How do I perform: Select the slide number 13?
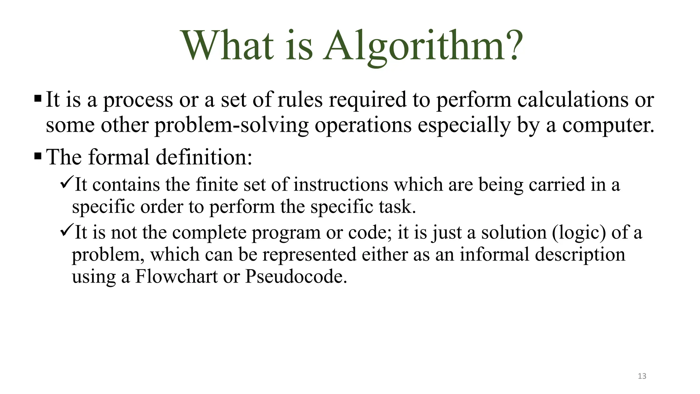coord(642,376)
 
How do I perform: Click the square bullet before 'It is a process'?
coord(38,99)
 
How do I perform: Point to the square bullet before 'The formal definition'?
coord(38,157)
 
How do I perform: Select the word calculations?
coord(573,100)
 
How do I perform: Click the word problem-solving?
coord(232,126)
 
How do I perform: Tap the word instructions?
coord(341,185)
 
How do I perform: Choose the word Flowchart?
coord(176,276)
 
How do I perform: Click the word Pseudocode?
coord(296,276)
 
